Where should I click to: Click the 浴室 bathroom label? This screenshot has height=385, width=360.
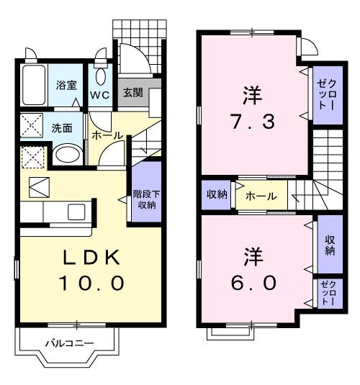(67, 85)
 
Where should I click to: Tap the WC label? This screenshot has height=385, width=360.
(99, 94)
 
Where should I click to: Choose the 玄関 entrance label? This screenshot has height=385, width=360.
(132, 93)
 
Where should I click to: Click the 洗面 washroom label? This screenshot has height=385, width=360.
(61, 130)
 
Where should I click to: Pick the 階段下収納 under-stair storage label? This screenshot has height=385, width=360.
(145, 198)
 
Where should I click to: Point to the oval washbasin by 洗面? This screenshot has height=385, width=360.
(68, 154)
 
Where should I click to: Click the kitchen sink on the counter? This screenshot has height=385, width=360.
(76, 212)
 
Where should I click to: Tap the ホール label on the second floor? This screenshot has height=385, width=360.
(261, 195)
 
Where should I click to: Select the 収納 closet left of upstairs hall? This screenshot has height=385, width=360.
(215, 194)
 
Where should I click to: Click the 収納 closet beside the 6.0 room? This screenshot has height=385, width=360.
(330, 245)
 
